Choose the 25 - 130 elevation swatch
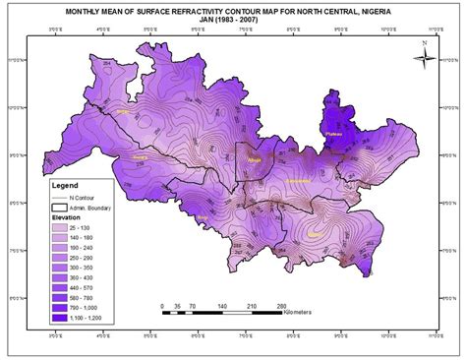(x=58, y=228)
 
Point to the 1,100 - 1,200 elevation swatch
(x=58, y=316)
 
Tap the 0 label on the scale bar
(x=162, y=305)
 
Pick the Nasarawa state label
(x=298, y=183)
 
